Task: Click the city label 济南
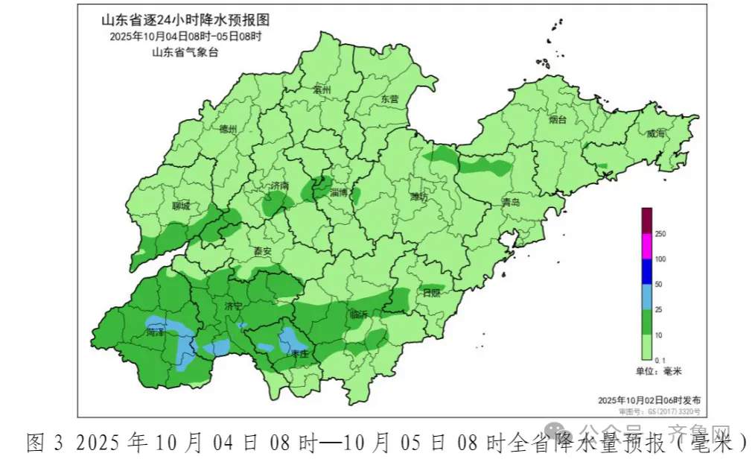click(x=279, y=185)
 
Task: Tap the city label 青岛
click(x=511, y=202)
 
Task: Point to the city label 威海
click(x=656, y=134)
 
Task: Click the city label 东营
click(x=389, y=98)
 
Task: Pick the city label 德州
click(x=228, y=129)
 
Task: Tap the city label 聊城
click(x=181, y=206)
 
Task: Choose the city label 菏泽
click(x=156, y=331)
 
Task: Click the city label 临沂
click(x=357, y=314)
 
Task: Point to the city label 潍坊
click(x=419, y=197)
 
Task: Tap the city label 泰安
click(x=263, y=251)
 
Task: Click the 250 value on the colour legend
click(x=660, y=234)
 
